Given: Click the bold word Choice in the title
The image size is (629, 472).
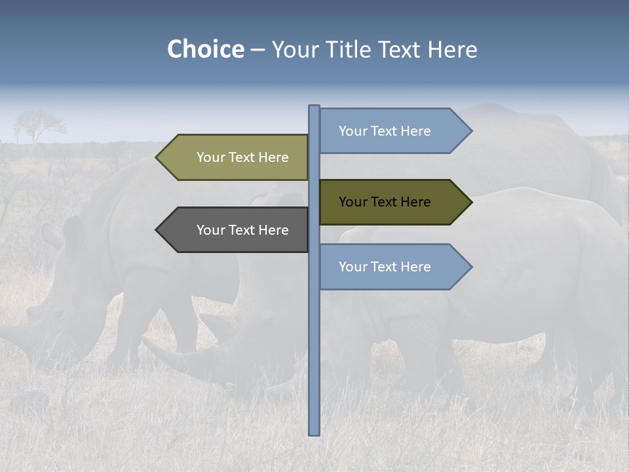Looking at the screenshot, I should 205,49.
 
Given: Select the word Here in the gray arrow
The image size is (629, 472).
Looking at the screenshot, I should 273,230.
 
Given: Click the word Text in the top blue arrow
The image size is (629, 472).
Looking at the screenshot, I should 385,131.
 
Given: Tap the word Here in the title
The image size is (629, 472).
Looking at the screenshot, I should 452,49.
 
